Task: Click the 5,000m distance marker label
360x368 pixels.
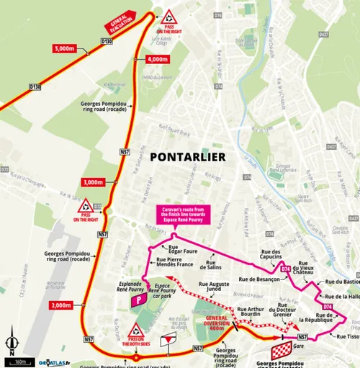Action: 64,48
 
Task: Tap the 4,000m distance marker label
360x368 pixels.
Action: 157,59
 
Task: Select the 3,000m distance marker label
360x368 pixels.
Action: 93,182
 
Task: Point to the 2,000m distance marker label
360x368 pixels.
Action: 62,305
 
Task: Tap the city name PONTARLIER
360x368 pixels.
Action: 187,156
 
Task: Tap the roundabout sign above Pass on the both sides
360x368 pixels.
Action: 135,331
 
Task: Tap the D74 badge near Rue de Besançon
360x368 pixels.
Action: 286,269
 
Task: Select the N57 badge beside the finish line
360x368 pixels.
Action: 302,336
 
